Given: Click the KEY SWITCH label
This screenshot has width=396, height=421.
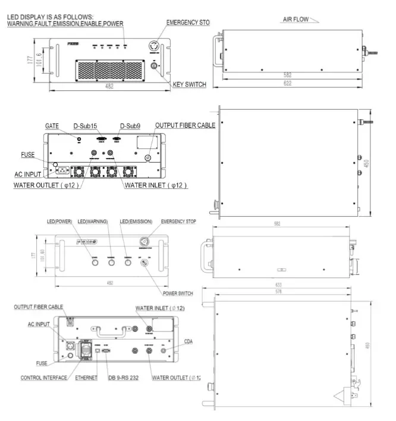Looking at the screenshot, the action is click(x=189, y=85).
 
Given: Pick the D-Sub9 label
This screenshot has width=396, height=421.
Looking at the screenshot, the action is click(x=130, y=126).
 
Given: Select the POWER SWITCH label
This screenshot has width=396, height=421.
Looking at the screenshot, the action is click(x=178, y=293).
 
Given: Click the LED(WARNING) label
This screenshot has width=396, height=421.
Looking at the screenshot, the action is click(x=93, y=221).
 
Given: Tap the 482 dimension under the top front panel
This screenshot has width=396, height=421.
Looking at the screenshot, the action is click(x=109, y=86).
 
